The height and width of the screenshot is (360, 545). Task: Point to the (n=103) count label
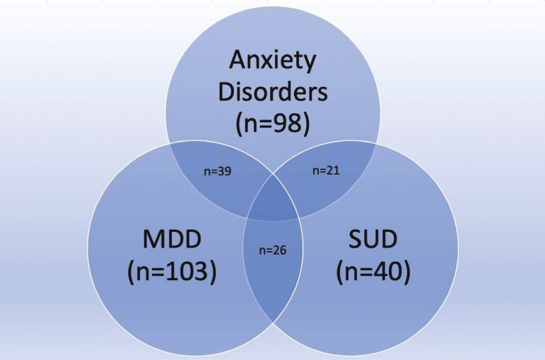coord(173,272)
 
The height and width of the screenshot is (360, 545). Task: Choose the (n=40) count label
coord(373,272)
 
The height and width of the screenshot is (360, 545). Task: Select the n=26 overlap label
coord(273,250)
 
